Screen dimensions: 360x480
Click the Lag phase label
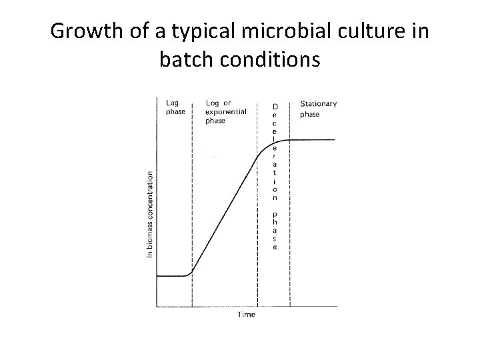pos(175,107)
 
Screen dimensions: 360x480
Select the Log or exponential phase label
pos(225,112)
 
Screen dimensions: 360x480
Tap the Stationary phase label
pos(318,109)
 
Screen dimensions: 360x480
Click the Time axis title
pos(246,314)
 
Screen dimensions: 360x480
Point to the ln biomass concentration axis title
pos(150,214)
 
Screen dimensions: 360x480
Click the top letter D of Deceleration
pos(275,107)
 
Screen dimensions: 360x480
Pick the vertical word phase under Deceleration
pos(275,231)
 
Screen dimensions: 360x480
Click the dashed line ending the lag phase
pos(192,200)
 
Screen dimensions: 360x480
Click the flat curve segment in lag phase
pos(172,276)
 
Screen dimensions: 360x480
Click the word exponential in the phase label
pos(225,112)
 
